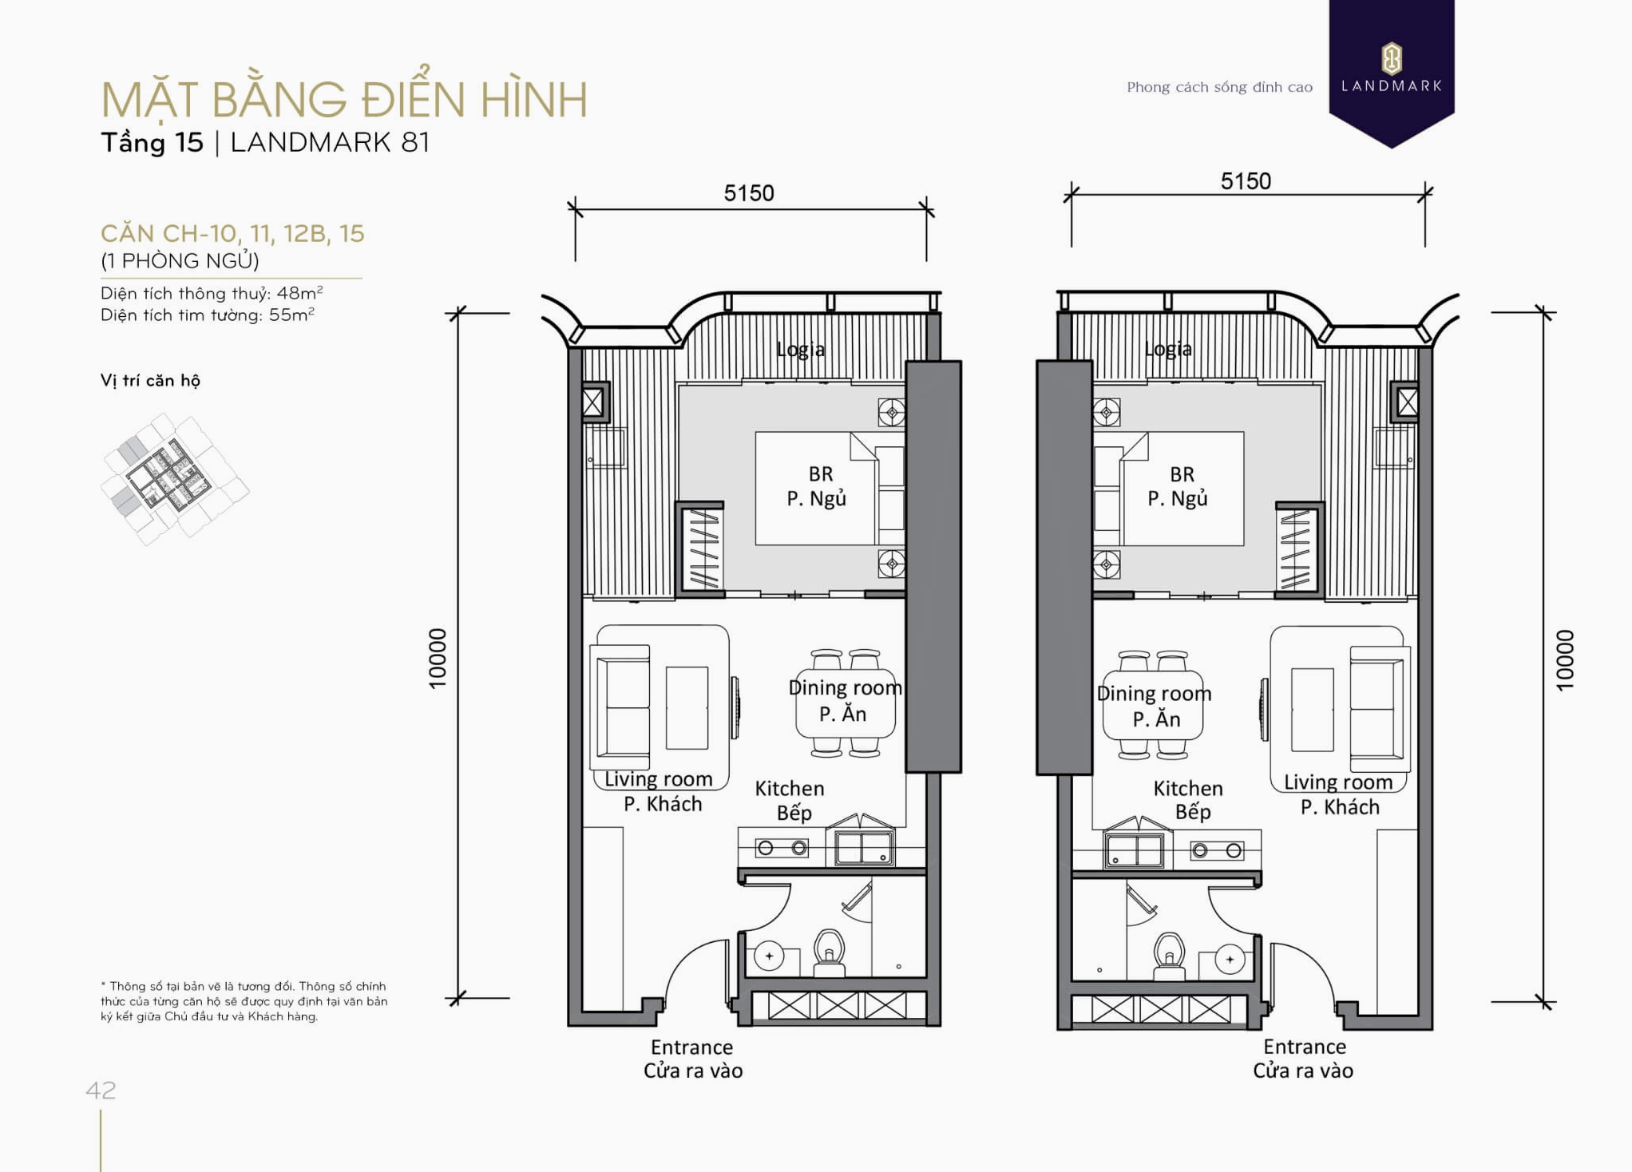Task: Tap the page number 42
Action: pyautogui.click(x=101, y=1090)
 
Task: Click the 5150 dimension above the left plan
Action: pyautogui.click(x=748, y=193)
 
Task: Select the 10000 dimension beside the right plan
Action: pyautogui.click(x=1564, y=659)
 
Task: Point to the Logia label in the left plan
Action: pyautogui.click(x=800, y=349)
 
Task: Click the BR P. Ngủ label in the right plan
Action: pyautogui.click(x=1180, y=486)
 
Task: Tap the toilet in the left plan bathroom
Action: pyautogui.click(x=829, y=952)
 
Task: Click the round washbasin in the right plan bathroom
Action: pyautogui.click(x=1229, y=959)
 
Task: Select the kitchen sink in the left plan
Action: pyautogui.click(x=863, y=847)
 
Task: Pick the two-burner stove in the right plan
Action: pyautogui.click(x=1216, y=850)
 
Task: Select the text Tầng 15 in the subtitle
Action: pyautogui.click(x=152, y=143)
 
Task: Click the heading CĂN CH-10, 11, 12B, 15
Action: pyautogui.click(x=232, y=233)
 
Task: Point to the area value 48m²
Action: pyautogui.click(x=299, y=293)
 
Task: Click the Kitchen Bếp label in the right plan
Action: pyautogui.click(x=1188, y=799)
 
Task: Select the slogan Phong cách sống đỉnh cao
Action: pyautogui.click(x=1218, y=87)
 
